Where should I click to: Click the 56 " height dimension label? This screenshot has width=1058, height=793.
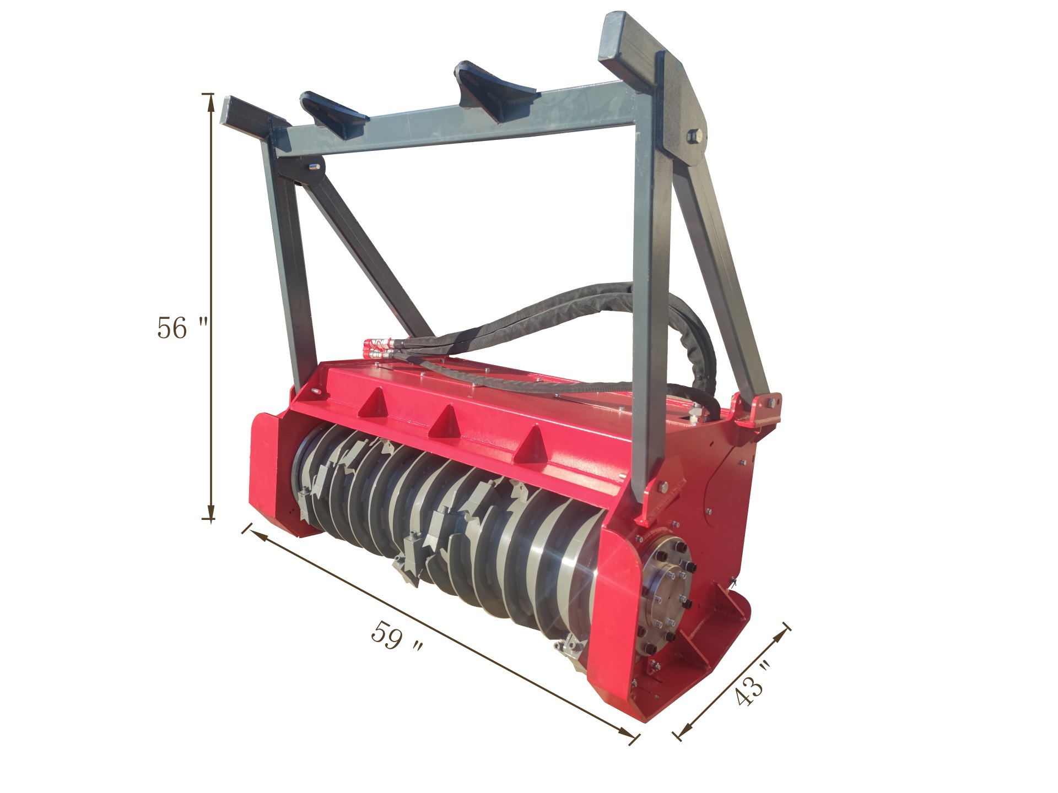click(181, 328)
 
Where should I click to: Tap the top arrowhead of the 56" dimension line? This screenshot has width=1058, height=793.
click(210, 101)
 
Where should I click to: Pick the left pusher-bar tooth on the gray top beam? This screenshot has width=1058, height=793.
click(333, 113)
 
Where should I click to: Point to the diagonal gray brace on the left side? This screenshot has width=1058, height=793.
click(364, 253)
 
